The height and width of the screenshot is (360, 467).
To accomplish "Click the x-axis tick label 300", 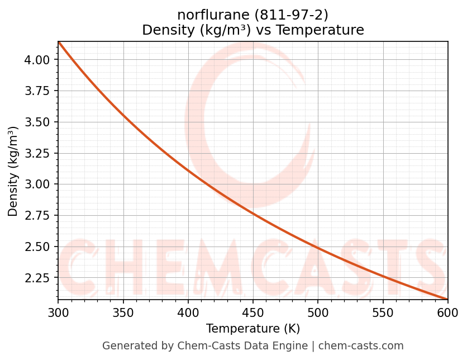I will (58, 312).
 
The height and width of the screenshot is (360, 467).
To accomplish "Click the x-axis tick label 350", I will (123, 312).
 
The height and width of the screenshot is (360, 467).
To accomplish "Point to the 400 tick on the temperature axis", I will (188, 312).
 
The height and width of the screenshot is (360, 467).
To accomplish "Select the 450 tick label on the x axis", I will (253, 312).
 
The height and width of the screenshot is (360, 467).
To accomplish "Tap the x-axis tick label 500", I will (318, 312).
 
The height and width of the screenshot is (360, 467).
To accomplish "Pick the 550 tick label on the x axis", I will (383, 312).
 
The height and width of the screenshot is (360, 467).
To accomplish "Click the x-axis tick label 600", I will (448, 312).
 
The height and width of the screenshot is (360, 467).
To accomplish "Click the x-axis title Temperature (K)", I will (253, 328).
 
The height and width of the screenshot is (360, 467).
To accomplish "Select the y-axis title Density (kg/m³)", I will (13, 172).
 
